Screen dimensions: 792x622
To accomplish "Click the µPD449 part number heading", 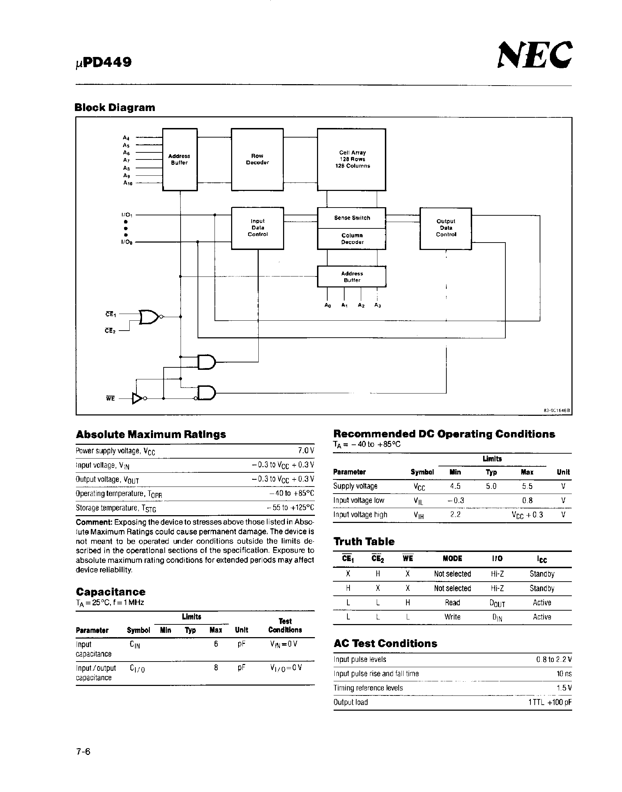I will pyautogui.click(x=104, y=62).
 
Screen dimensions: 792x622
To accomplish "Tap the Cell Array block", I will pyautogui.click(x=351, y=159).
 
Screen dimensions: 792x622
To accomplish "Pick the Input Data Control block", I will pyautogui.click(x=258, y=228).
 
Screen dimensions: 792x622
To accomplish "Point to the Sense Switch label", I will pyautogui.click(x=352, y=218).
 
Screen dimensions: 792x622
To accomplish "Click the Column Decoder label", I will pyautogui.click(x=352, y=239).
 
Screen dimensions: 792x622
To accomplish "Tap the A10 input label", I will pyautogui.click(x=128, y=183).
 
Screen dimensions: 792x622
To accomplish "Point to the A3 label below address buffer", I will pyautogui.click(x=377, y=305).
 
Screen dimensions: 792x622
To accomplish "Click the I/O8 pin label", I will pyautogui.click(x=127, y=242).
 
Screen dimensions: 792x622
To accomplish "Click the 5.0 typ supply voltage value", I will pyautogui.click(x=491, y=486).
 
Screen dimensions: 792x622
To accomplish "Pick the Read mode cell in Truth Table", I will pyautogui.click(x=452, y=602).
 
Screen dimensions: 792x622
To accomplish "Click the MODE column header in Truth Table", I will pyautogui.click(x=452, y=559).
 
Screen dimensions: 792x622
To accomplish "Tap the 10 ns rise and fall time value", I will pyautogui.click(x=564, y=674).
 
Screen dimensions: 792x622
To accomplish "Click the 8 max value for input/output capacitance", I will pyautogui.click(x=216, y=668).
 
